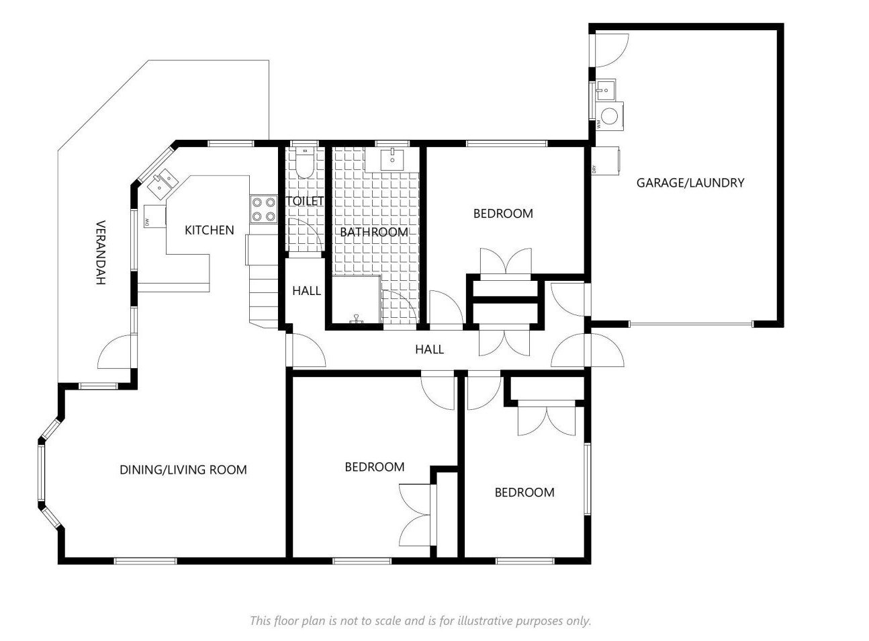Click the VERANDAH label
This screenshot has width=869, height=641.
[x=101, y=253]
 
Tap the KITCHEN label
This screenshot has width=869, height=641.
[x=210, y=230]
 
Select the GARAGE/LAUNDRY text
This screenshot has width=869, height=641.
[x=690, y=183]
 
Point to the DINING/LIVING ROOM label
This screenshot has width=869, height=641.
[x=183, y=470]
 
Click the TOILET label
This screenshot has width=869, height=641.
[x=305, y=201]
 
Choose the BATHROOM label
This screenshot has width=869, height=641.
[x=374, y=232]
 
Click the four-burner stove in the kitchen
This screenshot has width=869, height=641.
[x=263, y=209]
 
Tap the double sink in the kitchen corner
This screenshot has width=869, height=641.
[x=163, y=183]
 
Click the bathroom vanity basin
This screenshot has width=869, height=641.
[x=392, y=159]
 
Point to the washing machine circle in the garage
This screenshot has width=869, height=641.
[x=610, y=116]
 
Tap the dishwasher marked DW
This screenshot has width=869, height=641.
[x=154, y=216]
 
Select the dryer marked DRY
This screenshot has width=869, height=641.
[x=605, y=161]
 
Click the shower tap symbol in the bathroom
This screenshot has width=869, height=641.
[x=356, y=318]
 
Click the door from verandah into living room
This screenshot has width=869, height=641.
[x=116, y=351]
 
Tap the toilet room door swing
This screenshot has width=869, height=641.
[x=305, y=236]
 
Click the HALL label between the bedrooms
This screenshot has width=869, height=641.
[x=429, y=349]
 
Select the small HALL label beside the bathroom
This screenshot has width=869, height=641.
[x=306, y=291]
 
